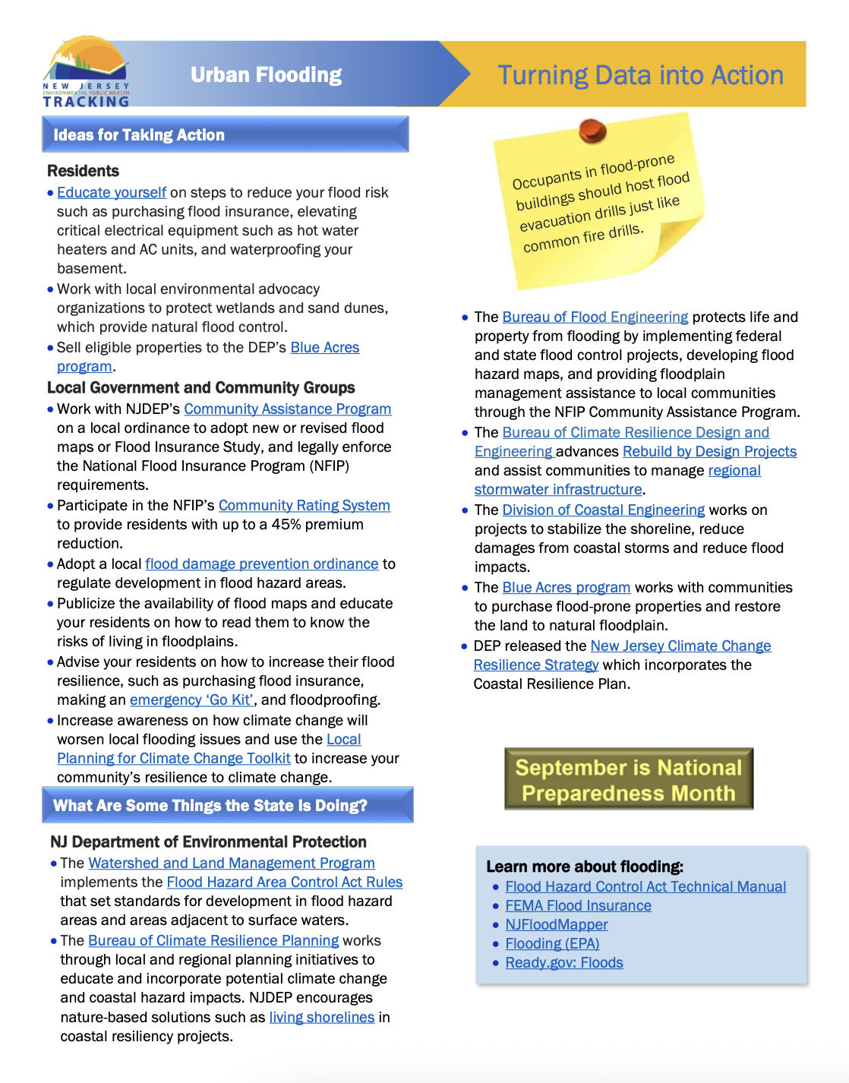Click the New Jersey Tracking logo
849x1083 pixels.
86,73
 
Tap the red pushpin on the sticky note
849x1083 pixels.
592,131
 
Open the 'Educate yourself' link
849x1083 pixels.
112,193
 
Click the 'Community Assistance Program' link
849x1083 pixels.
287,409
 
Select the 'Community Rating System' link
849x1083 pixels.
304,506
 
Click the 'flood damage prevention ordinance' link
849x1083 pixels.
261,564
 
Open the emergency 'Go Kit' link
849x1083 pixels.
191,700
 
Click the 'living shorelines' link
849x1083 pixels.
321,1018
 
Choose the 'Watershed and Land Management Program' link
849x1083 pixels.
232,864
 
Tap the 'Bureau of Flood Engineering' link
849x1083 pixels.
595,317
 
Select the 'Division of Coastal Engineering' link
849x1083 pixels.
603,510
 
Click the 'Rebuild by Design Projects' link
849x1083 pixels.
709,452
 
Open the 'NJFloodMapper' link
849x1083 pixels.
556,925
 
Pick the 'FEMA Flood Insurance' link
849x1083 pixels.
578,906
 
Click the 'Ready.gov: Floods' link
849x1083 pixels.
563,963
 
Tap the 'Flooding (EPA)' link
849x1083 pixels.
552,944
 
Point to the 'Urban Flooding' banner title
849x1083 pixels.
266,75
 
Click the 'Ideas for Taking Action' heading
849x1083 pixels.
139,135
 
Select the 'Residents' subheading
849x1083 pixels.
83,172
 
